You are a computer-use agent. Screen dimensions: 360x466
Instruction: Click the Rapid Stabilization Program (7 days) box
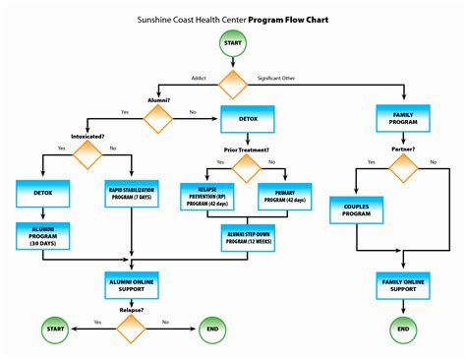coord(131,195)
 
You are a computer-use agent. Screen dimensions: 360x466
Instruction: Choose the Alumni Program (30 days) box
coord(41,236)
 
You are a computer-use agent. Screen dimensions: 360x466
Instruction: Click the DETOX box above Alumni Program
coord(41,195)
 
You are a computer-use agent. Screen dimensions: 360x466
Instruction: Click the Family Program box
coord(402,119)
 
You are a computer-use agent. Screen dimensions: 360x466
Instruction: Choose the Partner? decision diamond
coord(402,166)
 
